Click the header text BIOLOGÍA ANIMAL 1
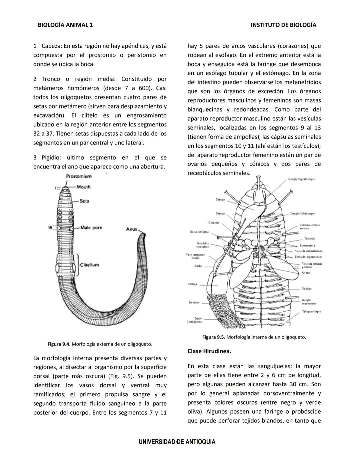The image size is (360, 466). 65,25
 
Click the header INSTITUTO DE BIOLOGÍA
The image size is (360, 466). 283,25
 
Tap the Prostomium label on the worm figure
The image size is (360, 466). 79,176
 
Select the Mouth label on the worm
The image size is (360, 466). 83,187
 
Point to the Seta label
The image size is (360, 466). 84,201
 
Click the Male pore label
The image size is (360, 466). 91,227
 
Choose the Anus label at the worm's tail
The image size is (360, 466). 132,229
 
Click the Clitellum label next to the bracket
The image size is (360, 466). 89,265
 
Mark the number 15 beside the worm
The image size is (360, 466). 50,228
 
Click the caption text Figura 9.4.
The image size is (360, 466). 59,344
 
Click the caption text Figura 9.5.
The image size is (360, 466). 213,337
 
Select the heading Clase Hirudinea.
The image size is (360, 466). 209,351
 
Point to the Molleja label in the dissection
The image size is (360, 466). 193,284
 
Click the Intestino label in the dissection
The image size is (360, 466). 194,302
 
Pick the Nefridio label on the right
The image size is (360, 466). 307,289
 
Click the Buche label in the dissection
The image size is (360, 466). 198,266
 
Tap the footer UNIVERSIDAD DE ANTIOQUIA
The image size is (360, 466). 177,442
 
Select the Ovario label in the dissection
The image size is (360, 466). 306,273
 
